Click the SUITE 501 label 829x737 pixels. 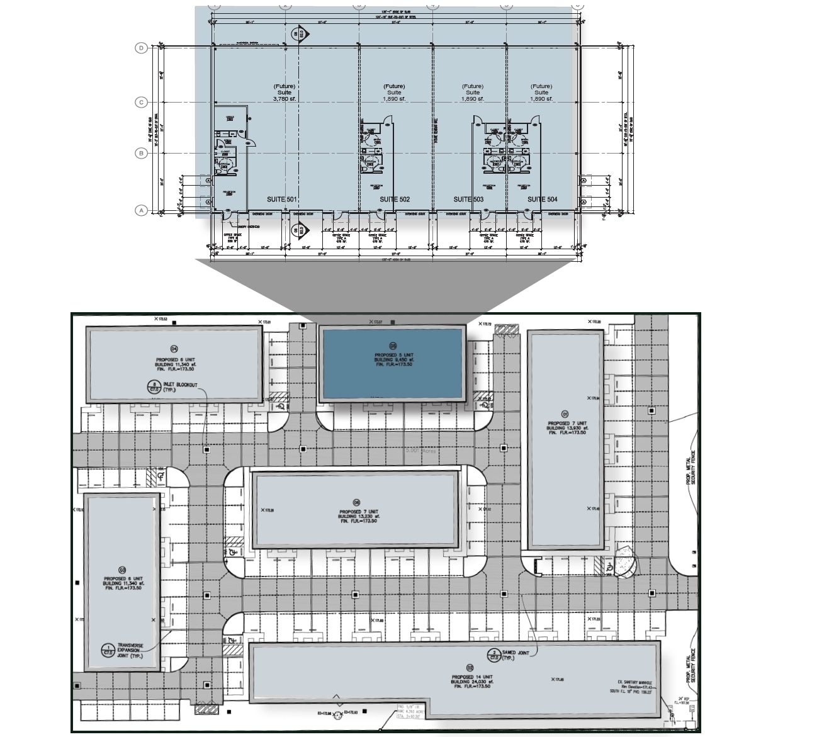281,200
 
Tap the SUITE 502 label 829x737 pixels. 395,200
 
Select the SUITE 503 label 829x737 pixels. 469,200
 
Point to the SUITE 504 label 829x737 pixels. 542,200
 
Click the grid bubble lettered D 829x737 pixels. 142,48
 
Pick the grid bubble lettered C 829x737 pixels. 142,102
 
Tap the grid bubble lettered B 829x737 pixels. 142,153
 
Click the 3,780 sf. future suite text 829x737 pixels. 285,99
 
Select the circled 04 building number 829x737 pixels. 174,349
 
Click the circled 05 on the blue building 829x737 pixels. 393,345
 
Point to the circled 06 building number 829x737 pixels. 356,502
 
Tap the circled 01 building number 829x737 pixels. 565,414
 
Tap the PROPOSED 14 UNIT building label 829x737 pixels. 470,677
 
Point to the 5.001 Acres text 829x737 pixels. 420,451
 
